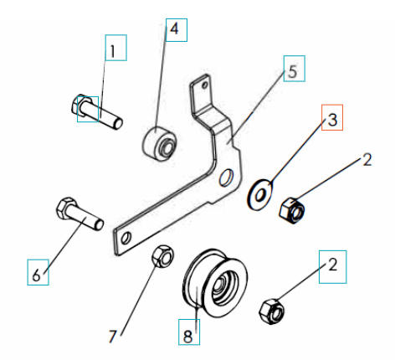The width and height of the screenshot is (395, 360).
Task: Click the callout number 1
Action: point(115,50)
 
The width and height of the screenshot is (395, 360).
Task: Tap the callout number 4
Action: point(175,29)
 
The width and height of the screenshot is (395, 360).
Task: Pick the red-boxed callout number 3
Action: point(331,119)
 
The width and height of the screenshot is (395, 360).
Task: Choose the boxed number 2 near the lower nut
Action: point(332,267)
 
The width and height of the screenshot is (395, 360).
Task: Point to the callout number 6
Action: point(35,273)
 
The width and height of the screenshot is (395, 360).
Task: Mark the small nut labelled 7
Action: point(162,255)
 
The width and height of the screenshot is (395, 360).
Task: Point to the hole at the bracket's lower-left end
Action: point(126,239)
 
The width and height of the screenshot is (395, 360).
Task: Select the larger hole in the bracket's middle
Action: point(225,178)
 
